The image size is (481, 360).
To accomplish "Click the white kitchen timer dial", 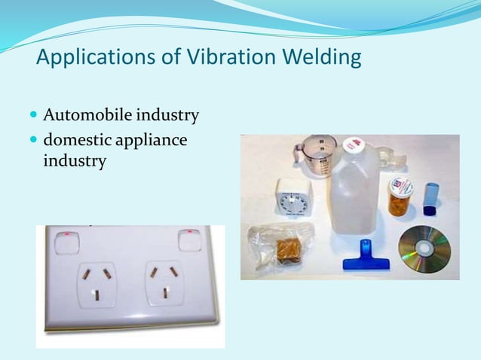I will coord(292,200).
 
